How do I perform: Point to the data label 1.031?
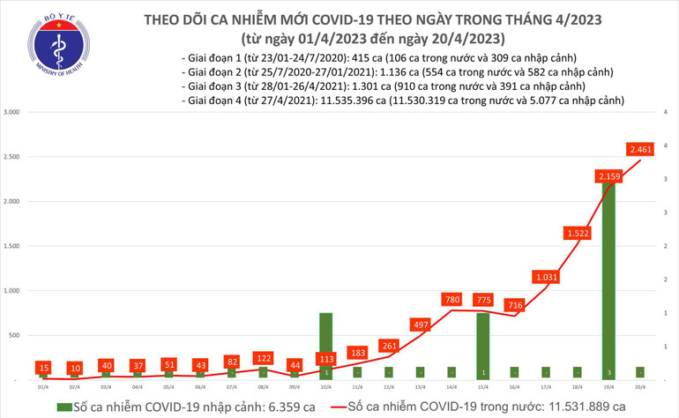(545, 278)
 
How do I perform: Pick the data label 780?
(451, 301)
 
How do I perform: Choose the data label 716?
(514, 306)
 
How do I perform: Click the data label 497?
(420, 325)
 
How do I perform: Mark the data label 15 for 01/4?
(43, 367)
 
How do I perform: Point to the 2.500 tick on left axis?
(13, 158)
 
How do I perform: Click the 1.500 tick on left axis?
(13, 247)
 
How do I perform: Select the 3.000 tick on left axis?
(13, 113)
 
